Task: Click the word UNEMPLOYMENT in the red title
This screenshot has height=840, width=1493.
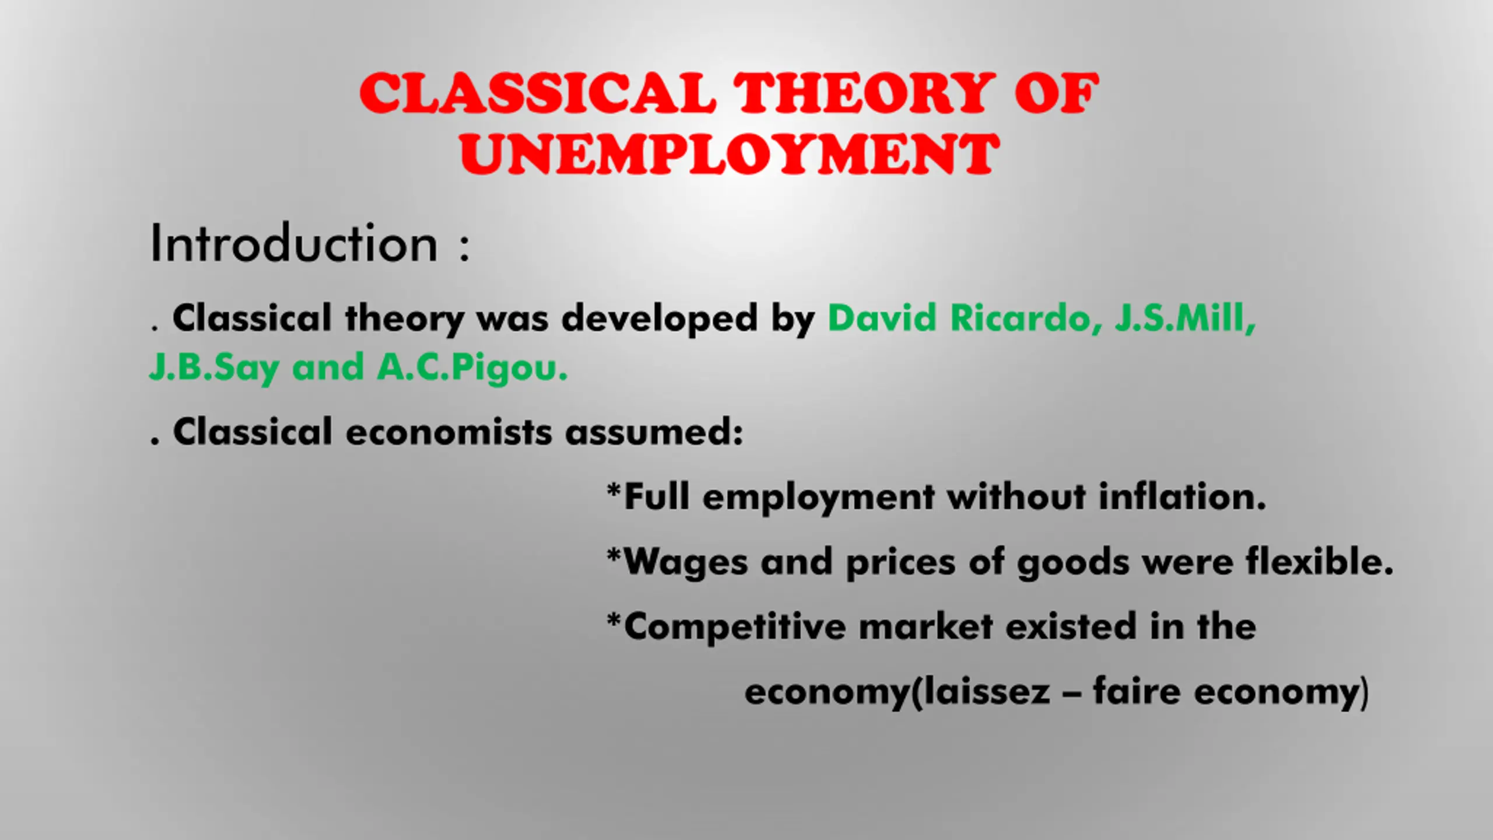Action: tap(730, 153)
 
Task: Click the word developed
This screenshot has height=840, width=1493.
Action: tap(659, 318)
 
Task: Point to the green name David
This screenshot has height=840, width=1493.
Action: tap(882, 318)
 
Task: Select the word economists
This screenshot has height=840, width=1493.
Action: tap(448, 432)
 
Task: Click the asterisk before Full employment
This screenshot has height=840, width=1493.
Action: tap(614, 489)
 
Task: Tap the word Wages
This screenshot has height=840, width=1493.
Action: tap(686, 562)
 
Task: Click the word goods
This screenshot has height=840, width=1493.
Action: tap(1073, 562)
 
